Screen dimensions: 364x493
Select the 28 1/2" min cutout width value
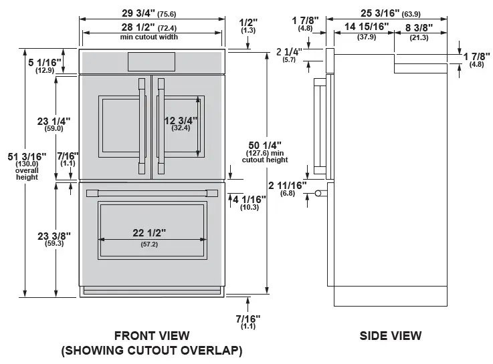click(138, 27)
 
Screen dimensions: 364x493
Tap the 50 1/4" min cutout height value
click(264, 145)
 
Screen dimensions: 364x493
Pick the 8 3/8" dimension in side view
click(419, 27)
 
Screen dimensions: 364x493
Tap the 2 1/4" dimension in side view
click(289, 51)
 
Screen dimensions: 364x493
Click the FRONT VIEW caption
click(152, 336)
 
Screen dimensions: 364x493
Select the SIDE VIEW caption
click(390, 336)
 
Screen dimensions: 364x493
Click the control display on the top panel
click(151, 62)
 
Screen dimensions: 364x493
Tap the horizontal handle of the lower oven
click(152, 194)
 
